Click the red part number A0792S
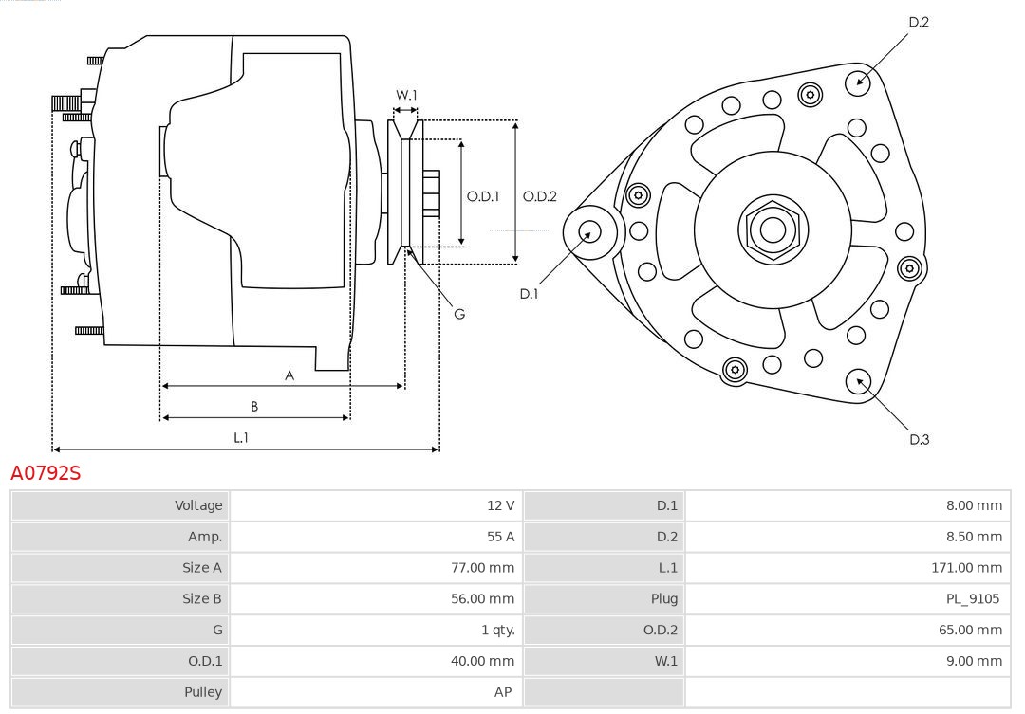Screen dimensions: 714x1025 46,472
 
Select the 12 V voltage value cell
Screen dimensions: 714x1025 500,505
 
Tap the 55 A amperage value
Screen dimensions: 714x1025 500,537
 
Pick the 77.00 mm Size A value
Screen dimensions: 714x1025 481,568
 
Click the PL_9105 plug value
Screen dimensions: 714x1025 973,598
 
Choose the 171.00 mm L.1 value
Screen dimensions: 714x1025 966,568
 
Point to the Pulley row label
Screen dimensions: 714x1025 202,692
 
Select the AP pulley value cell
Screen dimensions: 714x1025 503,692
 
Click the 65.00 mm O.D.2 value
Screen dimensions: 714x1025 969,630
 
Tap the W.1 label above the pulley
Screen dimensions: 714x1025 406,95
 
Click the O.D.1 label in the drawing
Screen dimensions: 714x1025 483,197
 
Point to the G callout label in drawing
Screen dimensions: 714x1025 459,314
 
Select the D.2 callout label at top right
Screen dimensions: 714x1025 919,22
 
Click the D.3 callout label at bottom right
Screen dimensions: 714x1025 919,439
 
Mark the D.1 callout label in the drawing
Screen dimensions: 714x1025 529,294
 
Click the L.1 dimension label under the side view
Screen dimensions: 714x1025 241,437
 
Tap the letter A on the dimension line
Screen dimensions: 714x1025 289,375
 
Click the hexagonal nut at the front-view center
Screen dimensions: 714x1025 773,229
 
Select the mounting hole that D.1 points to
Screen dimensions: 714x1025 588,230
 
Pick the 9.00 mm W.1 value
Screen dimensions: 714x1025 973,661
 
